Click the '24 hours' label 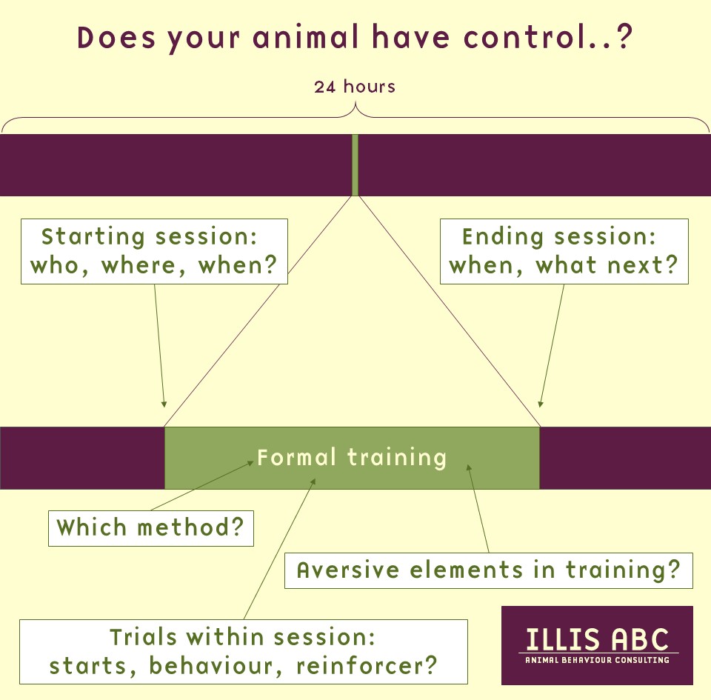(x=355, y=86)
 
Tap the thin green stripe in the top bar (x=355, y=165)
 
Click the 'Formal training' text (x=352, y=458)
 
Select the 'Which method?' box (x=151, y=528)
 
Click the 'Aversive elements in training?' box (x=489, y=570)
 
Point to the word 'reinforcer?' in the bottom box (x=367, y=666)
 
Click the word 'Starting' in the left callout (x=93, y=237)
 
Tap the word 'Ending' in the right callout (x=503, y=237)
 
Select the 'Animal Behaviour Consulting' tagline (x=597, y=660)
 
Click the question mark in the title (x=624, y=37)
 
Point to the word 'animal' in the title (x=306, y=37)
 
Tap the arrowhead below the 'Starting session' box (x=164, y=404)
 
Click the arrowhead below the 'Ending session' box (x=540, y=404)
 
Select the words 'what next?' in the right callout (x=607, y=265)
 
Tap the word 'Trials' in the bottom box (x=143, y=637)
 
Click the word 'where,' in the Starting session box (x=144, y=266)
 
